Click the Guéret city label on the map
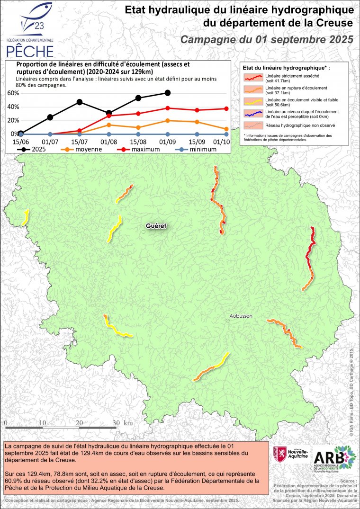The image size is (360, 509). [156, 226]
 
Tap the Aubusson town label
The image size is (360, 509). [241, 316]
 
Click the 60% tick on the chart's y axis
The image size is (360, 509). [12, 93]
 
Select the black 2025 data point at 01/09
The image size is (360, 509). [168, 93]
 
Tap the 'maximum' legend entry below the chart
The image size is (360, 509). [140, 149]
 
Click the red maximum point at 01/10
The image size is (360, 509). [226, 108]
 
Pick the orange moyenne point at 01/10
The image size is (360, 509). [226, 129]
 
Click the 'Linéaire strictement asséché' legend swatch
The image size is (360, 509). [253, 77]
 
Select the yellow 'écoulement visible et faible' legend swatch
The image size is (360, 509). [253, 101]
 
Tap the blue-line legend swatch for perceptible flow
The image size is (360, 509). [253, 114]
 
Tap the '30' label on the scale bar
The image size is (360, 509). [116, 423]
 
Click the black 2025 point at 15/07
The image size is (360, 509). [80, 102]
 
